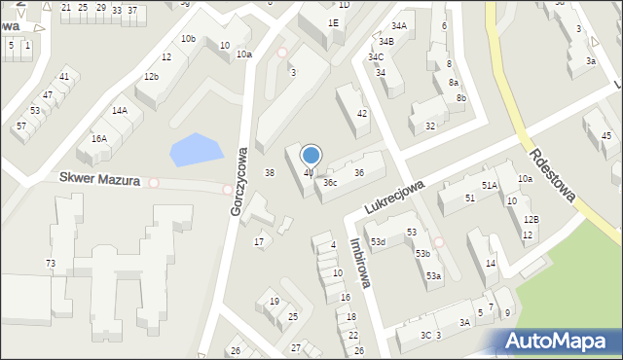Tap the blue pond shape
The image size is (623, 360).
tap(195, 150)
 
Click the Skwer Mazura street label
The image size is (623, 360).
tap(99, 180)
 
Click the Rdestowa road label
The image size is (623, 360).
tap(554, 174)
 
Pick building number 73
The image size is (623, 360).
tap(51, 264)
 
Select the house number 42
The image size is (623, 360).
tap(362, 114)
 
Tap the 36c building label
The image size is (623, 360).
tap(331, 182)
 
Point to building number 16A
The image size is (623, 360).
tap(99, 138)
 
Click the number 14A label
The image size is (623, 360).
tap(119, 111)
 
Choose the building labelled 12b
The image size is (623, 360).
tap(151, 76)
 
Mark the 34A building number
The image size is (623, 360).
tap(399, 25)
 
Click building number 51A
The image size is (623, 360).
tap(489, 185)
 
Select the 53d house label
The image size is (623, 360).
tap(377, 241)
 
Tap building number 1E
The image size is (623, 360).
tap(333, 22)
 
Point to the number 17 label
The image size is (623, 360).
tap(259, 241)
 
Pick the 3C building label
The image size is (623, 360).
tap(425, 335)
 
